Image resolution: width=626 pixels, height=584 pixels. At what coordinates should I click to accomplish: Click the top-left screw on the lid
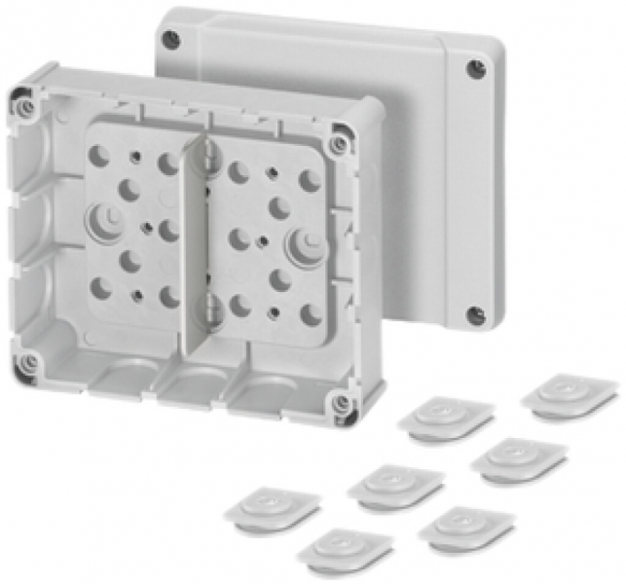click(171, 40)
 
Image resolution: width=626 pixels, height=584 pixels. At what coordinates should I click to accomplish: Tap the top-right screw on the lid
click(475, 70)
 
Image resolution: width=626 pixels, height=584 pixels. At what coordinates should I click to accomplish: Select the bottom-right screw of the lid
click(474, 315)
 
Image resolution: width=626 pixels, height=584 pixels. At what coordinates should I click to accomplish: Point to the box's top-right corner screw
click(338, 143)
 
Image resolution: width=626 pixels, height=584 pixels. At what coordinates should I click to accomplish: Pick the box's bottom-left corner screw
click(29, 363)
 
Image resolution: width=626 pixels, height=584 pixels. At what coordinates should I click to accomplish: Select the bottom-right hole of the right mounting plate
click(311, 314)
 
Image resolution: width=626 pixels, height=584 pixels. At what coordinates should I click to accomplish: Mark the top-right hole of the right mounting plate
click(310, 180)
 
